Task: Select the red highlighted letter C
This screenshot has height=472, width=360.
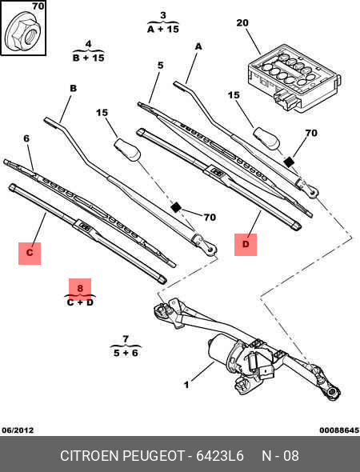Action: [30, 254]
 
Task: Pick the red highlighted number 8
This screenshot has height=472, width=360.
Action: [79, 287]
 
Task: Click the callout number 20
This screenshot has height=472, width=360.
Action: [243, 23]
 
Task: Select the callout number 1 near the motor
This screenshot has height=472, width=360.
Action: [186, 385]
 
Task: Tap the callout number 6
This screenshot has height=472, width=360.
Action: [26, 138]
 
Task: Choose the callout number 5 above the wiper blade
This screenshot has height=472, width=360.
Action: [160, 65]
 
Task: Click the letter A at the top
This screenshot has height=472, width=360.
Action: [198, 47]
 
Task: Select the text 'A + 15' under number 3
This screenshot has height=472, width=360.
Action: [162, 29]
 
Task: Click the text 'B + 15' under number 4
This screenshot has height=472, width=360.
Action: [88, 58]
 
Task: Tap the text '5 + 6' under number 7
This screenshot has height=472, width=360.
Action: [126, 353]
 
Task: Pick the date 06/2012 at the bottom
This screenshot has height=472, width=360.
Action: [18, 430]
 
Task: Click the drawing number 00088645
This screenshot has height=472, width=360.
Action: [338, 430]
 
